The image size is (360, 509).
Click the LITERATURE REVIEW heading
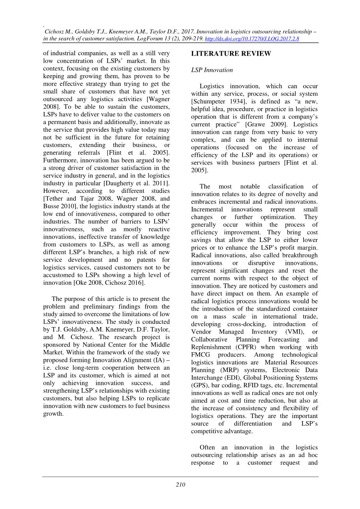(x=231, y=54)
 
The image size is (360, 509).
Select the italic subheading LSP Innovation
(x=212, y=70)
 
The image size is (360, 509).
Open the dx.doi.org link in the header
(x=251, y=39)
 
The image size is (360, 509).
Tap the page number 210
(x=180, y=485)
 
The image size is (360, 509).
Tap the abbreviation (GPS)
(x=199, y=385)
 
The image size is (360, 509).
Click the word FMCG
(x=201, y=355)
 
